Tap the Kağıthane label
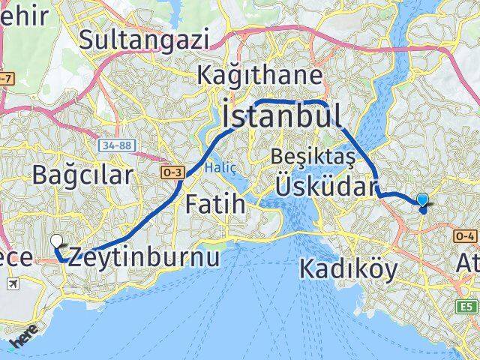[x=260, y=75]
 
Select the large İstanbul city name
[x=281, y=116]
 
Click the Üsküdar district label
[x=324, y=186]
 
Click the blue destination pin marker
[x=423, y=201]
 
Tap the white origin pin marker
[x=57, y=241]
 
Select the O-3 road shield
[x=172, y=172]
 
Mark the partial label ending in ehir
[x=16, y=18]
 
